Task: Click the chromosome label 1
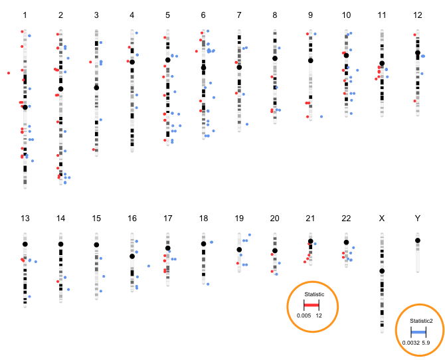pos(25,15)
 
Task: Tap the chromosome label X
pos(382,218)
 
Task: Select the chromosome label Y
pos(418,218)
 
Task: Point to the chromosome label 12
pos(418,15)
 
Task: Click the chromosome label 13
pos(25,218)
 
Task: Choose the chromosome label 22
pos(346,218)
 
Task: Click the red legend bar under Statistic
pos(312,304)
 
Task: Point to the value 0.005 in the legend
pos(304,315)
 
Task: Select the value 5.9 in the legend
pos(426,343)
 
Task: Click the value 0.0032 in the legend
pos(410,343)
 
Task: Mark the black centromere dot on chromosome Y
pos(418,240)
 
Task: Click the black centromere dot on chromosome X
pos(382,271)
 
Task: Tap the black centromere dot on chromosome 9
pos(310,60)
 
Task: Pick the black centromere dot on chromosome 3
pos(96,88)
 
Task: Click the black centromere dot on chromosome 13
pos(25,244)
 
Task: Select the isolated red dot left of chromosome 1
pos(9,72)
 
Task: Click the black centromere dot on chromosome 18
pos(203,244)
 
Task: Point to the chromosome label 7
pos(238,15)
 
